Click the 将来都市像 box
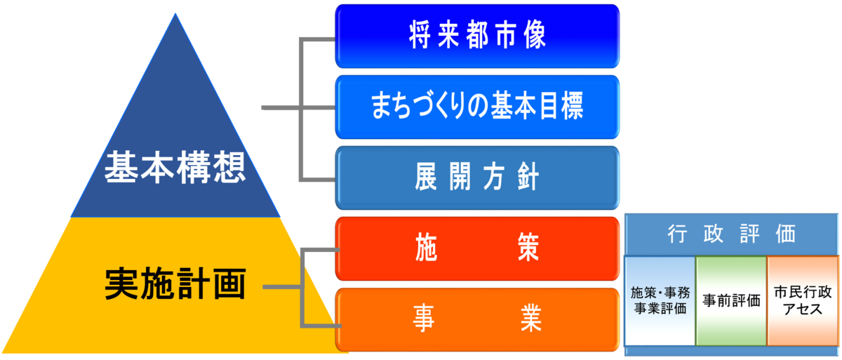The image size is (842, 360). (477, 36)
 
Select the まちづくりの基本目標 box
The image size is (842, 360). (477, 107)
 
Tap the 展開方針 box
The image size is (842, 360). (477, 178)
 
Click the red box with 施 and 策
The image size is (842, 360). (477, 249)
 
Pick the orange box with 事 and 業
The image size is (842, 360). (477, 319)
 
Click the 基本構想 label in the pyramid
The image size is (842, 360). (175, 169)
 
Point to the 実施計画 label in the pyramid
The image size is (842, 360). (175, 284)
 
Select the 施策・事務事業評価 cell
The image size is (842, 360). (660, 300)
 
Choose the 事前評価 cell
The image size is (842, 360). (732, 300)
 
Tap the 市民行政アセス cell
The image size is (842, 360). (803, 300)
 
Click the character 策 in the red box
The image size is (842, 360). (528, 249)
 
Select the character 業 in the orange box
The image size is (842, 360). (528, 319)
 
